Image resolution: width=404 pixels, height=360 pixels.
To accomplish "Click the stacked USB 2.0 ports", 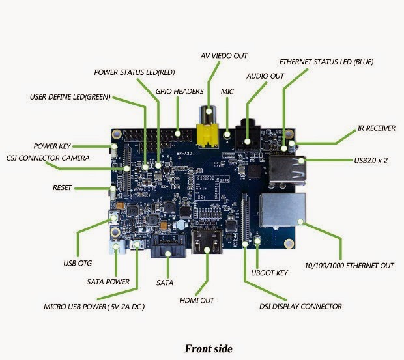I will click(x=287, y=167).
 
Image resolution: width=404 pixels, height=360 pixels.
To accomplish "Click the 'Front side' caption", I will click(x=208, y=348).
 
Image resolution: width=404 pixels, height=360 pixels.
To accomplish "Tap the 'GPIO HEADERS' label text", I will click(x=179, y=91).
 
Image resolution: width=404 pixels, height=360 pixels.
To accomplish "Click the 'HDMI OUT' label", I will click(x=197, y=301).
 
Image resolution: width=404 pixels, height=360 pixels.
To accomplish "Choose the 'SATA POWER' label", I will click(x=108, y=282).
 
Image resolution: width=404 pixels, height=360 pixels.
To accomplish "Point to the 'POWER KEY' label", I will click(x=52, y=146).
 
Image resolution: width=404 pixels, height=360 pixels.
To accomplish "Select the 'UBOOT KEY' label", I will click(x=269, y=273).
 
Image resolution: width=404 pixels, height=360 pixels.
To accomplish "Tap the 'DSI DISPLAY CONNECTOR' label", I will click(x=300, y=306).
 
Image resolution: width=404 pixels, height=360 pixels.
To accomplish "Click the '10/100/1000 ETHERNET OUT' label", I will click(x=350, y=266).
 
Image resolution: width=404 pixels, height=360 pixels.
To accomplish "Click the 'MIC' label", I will click(x=227, y=92).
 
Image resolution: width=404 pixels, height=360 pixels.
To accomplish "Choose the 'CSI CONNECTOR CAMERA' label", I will click(x=48, y=158).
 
